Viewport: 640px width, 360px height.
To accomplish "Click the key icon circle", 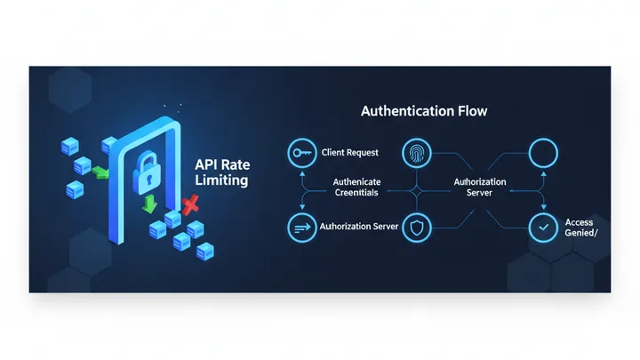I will tap(303, 153).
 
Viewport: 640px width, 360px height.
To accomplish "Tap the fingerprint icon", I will tap(416, 153).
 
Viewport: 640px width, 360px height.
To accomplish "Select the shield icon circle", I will tap(416, 227).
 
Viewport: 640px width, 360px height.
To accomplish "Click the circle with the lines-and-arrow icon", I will tap(303, 227).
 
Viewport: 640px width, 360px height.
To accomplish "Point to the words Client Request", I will tap(349, 153).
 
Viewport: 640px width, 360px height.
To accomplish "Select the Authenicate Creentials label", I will tap(356, 188).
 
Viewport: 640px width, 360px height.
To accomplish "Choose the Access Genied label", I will tap(580, 228).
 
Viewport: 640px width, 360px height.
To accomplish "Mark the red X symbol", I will tap(189, 207).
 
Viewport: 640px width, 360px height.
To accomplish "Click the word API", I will tap(206, 164).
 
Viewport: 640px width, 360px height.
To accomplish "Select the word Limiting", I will tap(220, 180).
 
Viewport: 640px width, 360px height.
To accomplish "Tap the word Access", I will tap(580, 221).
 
